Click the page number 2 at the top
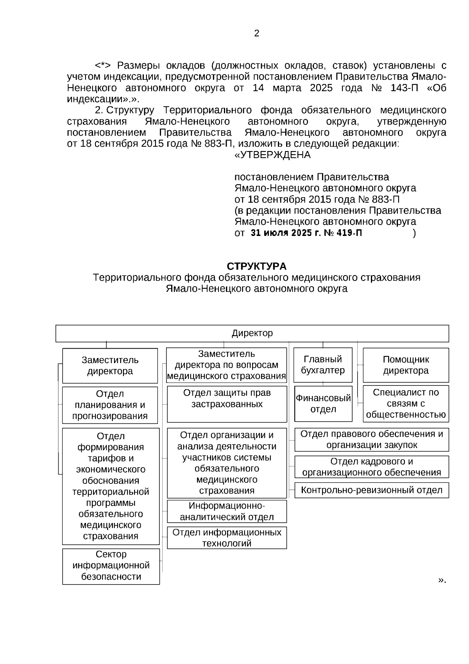[x=256, y=34]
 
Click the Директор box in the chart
[x=252, y=333]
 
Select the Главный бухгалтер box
[x=323, y=365]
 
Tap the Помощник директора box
[x=406, y=365]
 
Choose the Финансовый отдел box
[x=323, y=403]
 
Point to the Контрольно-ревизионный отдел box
[x=371, y=490]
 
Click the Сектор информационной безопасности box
[x=111, y=566]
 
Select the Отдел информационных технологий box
[x=227, y=538]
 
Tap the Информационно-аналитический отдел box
[x=227, y=511]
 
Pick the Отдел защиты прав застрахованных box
[x=227, y=404]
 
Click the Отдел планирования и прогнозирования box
[x=110, y=405]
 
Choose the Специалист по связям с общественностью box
[x=406, y=403]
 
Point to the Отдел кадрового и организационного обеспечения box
[x=371, y=467]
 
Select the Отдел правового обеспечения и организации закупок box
[x=371, y=439]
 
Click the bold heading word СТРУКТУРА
[x=256, y=266]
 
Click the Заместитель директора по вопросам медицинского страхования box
[x=227, y=365]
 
